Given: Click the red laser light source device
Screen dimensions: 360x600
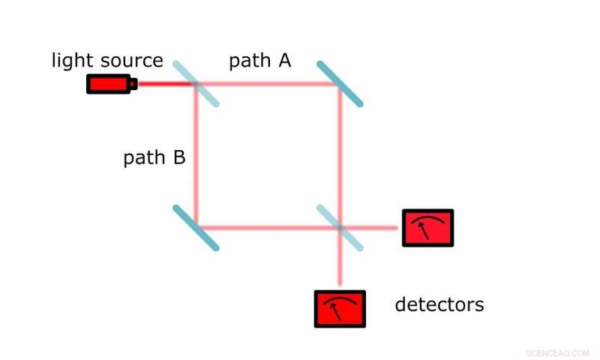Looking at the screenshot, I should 109,84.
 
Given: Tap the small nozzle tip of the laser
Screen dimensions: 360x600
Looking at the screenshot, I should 134,84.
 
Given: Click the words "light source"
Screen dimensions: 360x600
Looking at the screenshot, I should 107,61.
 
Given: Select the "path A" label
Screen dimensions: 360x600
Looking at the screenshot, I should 259,61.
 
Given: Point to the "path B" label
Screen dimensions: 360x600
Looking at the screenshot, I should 154,158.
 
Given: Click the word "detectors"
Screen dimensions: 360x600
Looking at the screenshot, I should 439,304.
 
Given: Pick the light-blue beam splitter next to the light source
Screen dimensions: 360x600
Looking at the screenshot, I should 196,84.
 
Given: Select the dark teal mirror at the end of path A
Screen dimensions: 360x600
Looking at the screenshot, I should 340,84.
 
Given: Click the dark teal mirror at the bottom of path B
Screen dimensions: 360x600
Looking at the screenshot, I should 196,227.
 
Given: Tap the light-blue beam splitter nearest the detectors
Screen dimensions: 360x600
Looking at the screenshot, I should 340,227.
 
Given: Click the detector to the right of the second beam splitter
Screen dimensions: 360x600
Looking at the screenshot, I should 427,227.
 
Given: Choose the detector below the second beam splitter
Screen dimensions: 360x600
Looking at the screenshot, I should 340,308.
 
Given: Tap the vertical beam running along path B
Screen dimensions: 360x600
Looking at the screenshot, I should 196,157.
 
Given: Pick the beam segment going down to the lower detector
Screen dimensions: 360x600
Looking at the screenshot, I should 340,266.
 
